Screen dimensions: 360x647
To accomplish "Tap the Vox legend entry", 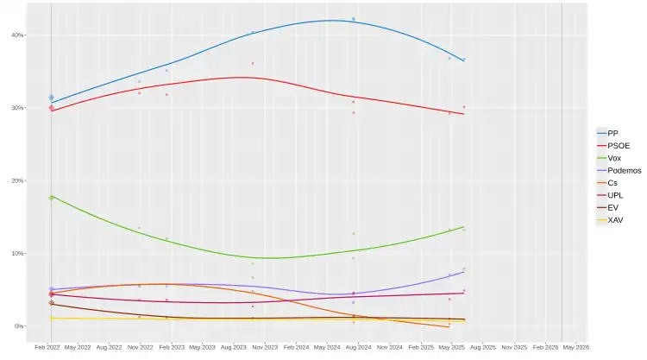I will (x=613, y=158).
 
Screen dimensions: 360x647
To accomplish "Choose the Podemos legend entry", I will (x=623, y=171).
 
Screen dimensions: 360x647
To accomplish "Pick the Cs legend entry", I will (x=612, y=183).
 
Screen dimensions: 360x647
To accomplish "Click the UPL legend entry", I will (x=614, y=196).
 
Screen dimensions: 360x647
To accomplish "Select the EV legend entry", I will (x=612, y=208).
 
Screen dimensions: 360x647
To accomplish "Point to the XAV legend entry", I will (x=615, y=220).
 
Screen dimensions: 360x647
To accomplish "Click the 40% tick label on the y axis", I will (x=17, y=35).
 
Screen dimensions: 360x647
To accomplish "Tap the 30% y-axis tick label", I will (x=17, y=108).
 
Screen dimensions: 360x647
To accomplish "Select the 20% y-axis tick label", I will (x=17, y=180).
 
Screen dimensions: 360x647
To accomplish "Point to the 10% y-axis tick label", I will (x=17, y=253).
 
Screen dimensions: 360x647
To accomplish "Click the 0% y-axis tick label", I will (x=19, y=326).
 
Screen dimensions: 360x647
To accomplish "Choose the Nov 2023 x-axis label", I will (x=265, y=347).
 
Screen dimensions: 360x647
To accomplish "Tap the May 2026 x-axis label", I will (x=576, y=347).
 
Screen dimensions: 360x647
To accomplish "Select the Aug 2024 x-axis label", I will (x=359, y=347).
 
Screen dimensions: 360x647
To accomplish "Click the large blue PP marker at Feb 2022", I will (x=51, y=98).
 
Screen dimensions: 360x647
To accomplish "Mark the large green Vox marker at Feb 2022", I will (x=51, y=198).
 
